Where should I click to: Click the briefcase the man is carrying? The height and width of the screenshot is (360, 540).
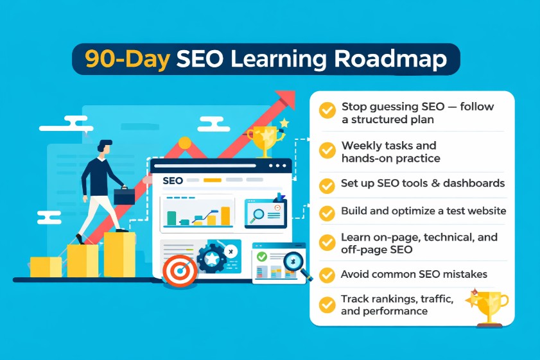click(125, 195)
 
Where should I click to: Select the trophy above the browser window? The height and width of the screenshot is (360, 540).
click(265, 139)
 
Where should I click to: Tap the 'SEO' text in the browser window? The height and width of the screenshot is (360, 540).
click(173, 180)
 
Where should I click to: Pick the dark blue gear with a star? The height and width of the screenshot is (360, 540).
click(210, 259)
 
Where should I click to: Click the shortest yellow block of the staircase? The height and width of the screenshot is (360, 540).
click(46, 267)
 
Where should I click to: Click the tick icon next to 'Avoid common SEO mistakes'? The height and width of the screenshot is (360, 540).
click(327, 275)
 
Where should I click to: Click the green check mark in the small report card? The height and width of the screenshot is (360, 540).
click(261, 257)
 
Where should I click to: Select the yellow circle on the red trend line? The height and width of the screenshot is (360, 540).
click(184, 143)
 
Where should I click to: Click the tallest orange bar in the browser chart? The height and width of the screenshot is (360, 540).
click(225, 216)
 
